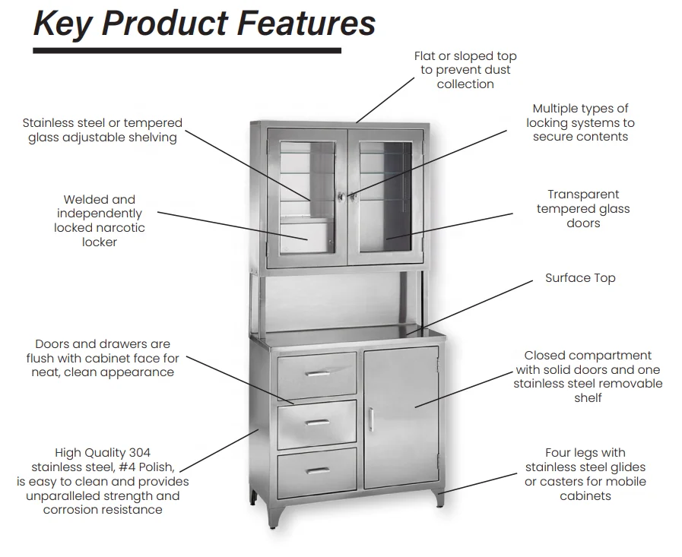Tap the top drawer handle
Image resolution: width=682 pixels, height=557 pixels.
317,373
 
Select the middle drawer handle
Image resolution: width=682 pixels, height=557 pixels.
317,422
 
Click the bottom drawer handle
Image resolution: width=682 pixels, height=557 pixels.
317,470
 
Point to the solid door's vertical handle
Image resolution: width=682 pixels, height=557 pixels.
371,419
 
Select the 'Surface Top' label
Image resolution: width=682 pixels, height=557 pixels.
580,278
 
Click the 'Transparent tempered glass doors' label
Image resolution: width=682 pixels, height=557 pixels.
583,209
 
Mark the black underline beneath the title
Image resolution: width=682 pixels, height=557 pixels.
186,51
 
